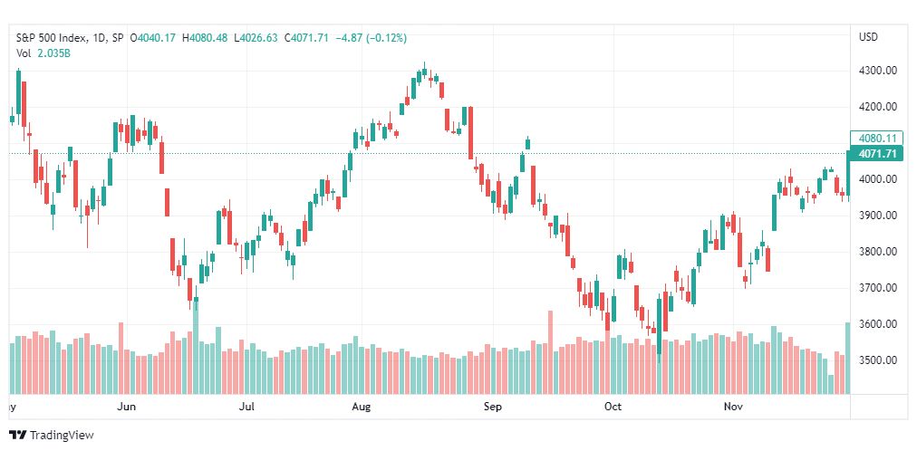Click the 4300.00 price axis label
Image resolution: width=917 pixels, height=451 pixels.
pos(878,71)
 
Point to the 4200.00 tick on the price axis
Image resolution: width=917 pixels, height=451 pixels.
pos(878,107)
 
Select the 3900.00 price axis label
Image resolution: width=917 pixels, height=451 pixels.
pos(878,216)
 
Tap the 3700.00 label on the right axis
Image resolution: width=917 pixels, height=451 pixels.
pos(878,288)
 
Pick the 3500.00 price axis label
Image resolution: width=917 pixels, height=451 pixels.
pos(878,360)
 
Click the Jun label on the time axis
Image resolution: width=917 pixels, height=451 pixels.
pos(127,407)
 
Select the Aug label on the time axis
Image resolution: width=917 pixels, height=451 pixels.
pos(362,407)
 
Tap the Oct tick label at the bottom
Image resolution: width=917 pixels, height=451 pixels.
pos(613,407)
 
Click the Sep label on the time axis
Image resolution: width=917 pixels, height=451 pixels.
pos(492,407)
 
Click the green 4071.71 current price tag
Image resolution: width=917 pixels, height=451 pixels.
pos(877,154)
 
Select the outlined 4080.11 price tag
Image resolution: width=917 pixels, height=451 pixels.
pos(877,139)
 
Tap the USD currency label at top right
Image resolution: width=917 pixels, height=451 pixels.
pos(868,37)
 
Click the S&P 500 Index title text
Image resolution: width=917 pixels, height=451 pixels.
pos(53,38)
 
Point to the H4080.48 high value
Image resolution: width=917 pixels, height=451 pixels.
pos(206,38)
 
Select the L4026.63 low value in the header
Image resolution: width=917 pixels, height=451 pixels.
pos(256,38)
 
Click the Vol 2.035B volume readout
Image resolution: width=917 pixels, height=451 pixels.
pos(43,53)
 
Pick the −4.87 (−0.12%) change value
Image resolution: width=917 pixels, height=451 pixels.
pos(371,38)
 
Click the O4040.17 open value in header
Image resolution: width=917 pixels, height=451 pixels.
pos(154,38)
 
